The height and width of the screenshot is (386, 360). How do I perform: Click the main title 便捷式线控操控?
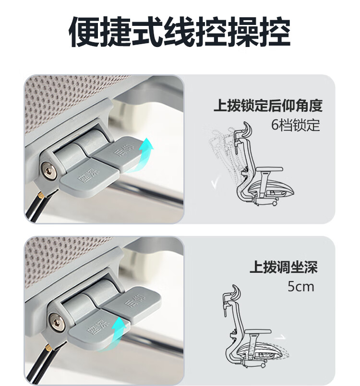[x=180, y=32]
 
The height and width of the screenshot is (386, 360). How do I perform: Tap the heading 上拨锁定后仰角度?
[x=268, y=105]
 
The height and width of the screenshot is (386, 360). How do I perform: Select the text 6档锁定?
[x=296, y=125]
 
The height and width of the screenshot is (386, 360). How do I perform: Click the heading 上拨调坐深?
[x=284, y=267]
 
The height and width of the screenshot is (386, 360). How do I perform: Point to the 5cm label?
[x=301, y=287]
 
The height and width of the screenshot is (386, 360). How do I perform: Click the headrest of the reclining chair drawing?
[x=248, y=129]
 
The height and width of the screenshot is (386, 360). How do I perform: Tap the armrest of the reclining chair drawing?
[x=270, y=169]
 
